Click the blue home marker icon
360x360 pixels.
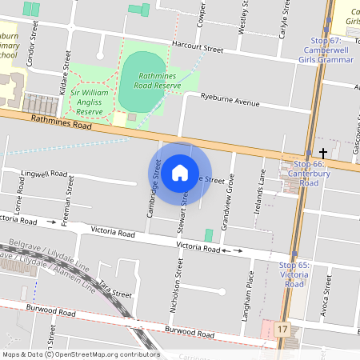[180, 172]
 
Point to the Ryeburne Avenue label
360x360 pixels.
[230, 103]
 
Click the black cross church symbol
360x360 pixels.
[324, 152]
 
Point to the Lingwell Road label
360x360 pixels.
[45, 173]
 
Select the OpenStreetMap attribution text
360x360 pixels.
[81, 354]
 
